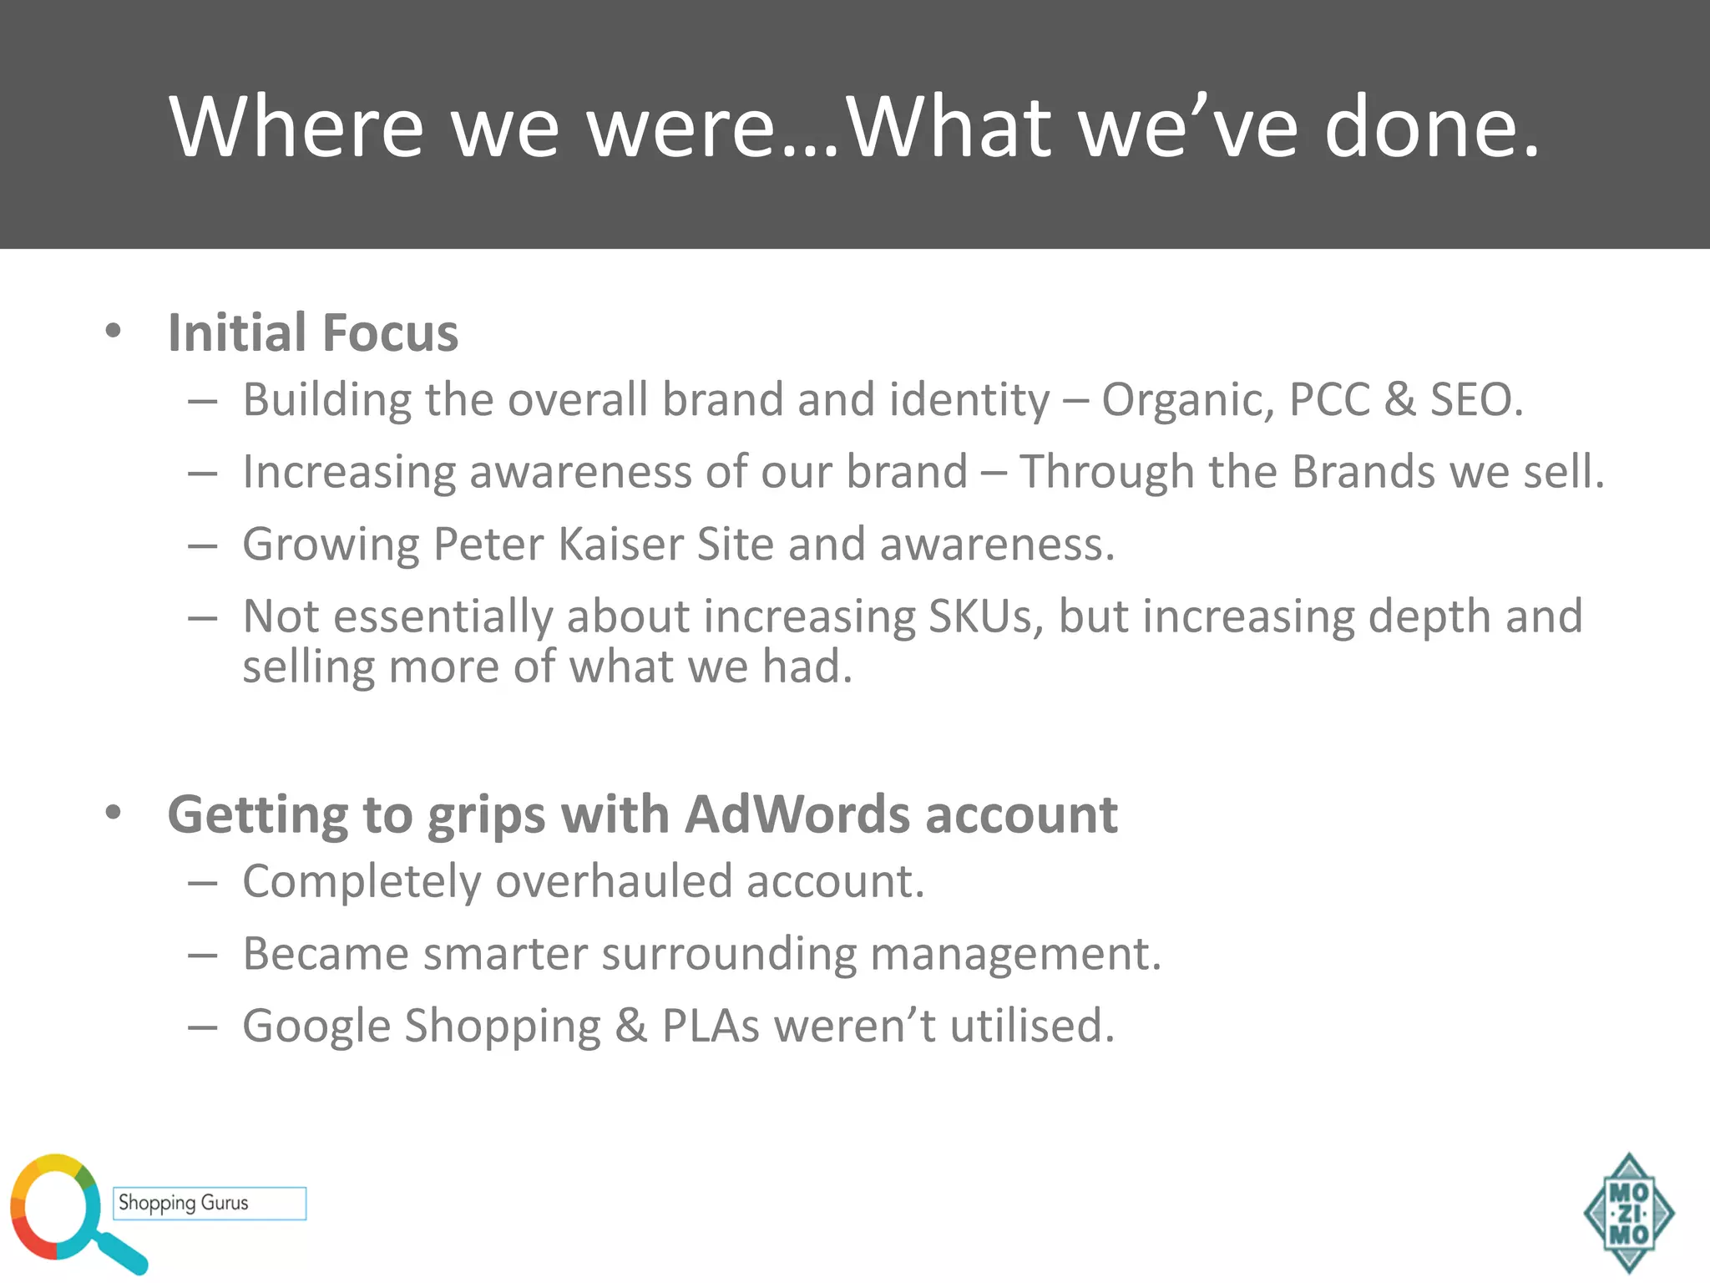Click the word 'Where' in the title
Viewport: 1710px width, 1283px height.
click(297, 126)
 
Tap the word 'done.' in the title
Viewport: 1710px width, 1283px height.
click(1432, 126)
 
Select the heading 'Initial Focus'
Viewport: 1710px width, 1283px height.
click(313, 332)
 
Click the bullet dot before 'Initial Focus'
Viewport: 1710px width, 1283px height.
click(114, 331)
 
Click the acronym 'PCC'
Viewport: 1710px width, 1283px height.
click(1329, 399)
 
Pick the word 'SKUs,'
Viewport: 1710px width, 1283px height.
click(986, 616)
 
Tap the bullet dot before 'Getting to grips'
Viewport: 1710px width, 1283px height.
click(114, 812)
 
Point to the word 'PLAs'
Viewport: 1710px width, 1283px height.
click(711, 1026)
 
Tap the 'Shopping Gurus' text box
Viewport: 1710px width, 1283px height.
click(210, 1203)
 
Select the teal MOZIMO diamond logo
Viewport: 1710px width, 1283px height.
click(1629, 1213)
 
